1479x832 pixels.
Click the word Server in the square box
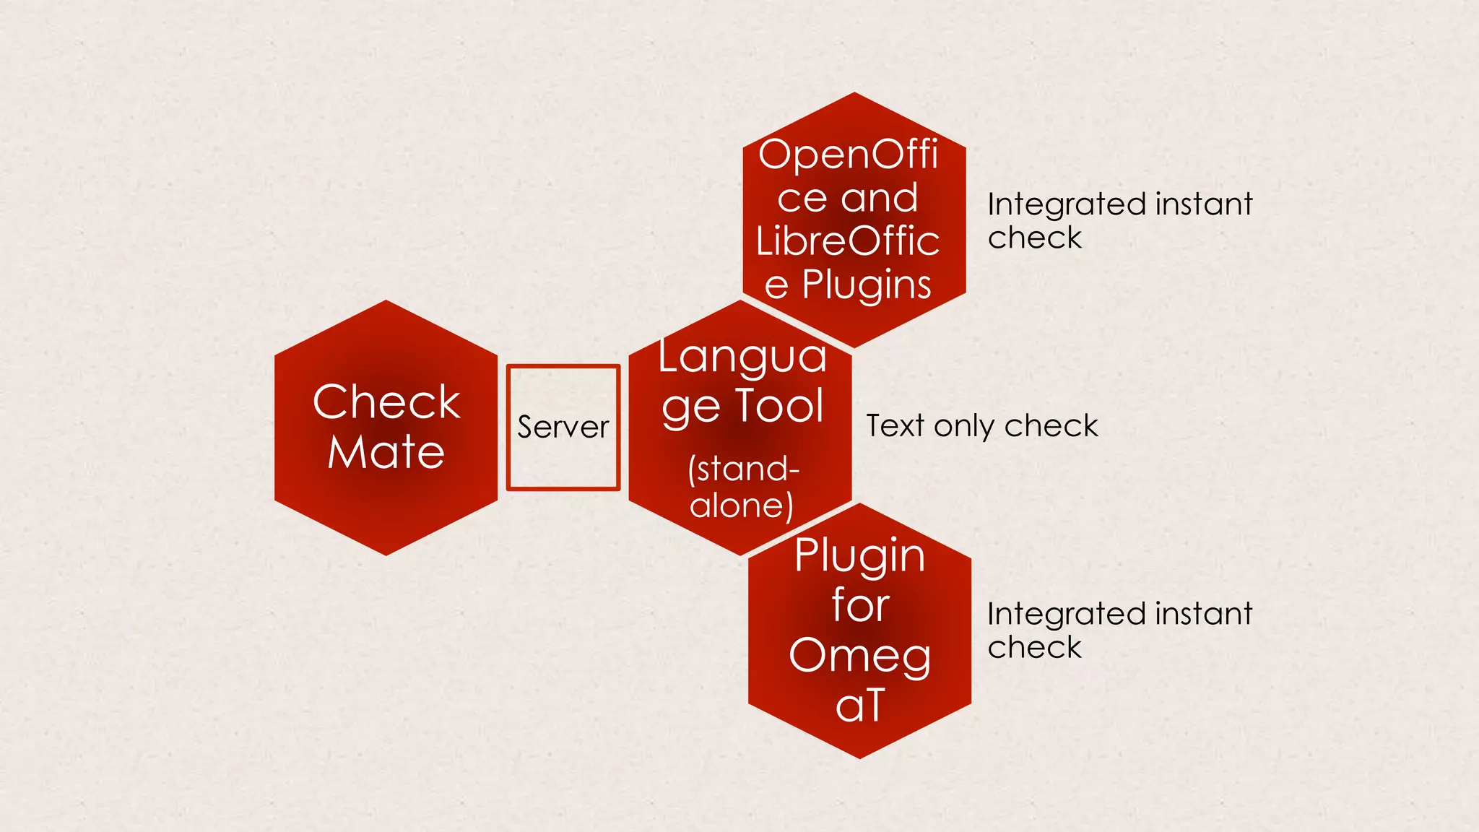563,427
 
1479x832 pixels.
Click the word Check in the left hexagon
386,402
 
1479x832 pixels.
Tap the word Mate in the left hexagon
386,452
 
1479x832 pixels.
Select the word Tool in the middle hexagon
779,405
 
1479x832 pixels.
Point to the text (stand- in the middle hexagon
744,469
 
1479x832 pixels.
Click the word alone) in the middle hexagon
742,505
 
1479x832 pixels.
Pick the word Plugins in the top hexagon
867,285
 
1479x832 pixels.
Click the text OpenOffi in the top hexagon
848,155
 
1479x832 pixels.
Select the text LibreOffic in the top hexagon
848,241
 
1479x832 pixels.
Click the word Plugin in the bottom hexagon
859,556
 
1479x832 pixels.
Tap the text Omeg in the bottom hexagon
859,656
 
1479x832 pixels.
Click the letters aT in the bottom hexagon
859,705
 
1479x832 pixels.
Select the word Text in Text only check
895,425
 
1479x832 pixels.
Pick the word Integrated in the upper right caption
1067,205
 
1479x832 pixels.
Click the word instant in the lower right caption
1203,614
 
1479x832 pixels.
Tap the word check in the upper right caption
1034,238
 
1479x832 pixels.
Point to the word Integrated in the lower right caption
1067,615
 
